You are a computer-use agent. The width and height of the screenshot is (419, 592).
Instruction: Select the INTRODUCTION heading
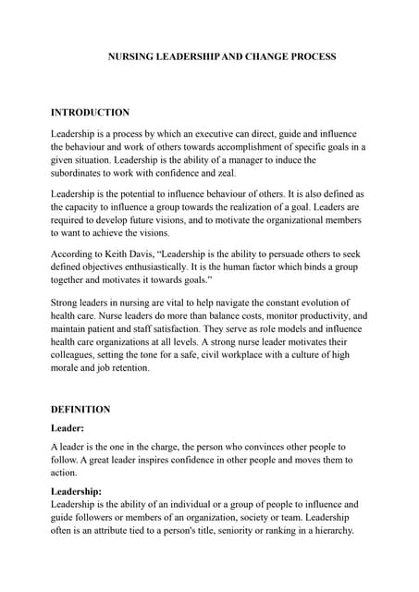click(x=90, y=112)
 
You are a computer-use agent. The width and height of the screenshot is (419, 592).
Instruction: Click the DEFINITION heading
click(x=80, y=409)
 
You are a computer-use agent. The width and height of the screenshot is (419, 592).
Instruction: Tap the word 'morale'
click(x=68, y=366)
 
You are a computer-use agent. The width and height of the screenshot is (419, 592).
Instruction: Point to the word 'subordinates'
click(x=83, y=172)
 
